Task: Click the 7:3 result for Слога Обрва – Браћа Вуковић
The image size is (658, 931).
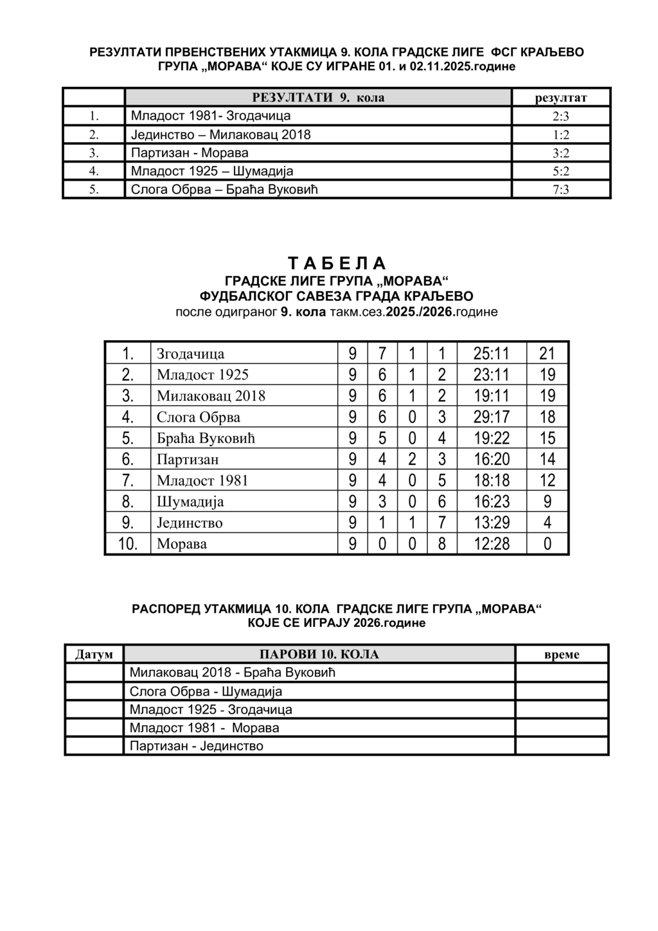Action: [x=560, y=190]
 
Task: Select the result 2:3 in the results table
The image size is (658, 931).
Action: [x=560, y=116]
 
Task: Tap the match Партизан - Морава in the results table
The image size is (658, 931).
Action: [x=190, y=153]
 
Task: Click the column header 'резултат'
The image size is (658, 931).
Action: [x=560, y=98]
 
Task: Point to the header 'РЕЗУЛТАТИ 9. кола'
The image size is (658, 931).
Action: [x=318, y=98]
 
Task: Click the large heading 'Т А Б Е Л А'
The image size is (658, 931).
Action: [x=336, y=264]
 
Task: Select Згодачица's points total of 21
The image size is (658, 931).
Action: [x=547, y=353]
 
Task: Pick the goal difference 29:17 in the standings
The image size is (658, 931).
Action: [x=491, y=417]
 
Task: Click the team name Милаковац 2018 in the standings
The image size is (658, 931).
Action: [x=211, y=395]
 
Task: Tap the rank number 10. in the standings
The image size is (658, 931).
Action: [x=127, y=544]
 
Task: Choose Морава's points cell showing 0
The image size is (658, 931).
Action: [x=547, y=544]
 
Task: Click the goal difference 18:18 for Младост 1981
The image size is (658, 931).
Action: [x=491, y=480]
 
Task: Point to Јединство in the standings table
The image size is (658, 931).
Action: [x=190, y=523]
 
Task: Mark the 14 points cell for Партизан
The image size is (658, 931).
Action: [x=547, y=459]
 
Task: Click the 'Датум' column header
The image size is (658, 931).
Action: [x=94, y=655]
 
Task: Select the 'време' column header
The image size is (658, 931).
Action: [x=561, y=655]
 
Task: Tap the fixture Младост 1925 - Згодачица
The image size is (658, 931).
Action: [x=211, y=710]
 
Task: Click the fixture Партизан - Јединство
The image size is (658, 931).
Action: [x=197, y=746]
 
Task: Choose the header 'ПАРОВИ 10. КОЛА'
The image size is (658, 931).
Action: [x=319, y=655]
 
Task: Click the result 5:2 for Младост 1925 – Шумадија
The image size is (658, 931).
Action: [x=560, y=172]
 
